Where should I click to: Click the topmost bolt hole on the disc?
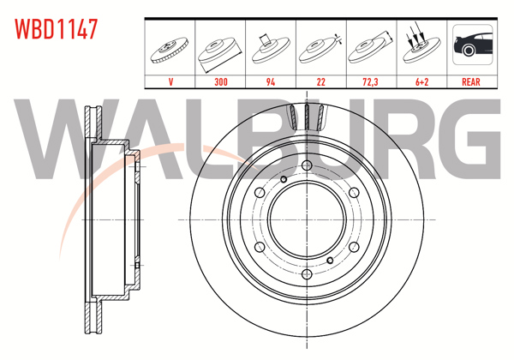click(306, 165)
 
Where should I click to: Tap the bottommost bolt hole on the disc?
click(306, 274)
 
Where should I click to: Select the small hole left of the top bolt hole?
click(283, 179)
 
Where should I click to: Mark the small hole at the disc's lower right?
click(330, 259)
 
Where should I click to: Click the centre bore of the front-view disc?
click(306, 219)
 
